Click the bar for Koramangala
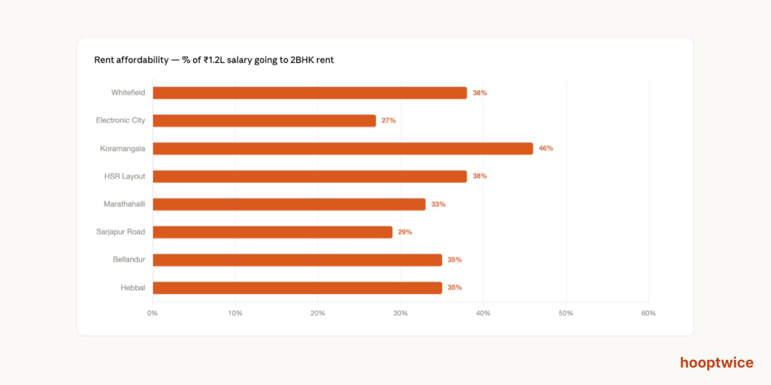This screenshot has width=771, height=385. [x=343, y=148]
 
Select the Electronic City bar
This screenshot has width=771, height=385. [x=264, y=121]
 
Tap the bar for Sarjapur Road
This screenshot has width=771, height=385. [x=272, y=232]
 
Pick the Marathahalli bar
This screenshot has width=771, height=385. [x=289, y=204]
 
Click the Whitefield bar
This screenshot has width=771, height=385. [x=310, y=93]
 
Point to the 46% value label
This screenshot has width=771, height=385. [x=546, y=148]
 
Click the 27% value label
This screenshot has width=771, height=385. [x=388, y=121]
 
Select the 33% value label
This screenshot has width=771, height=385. [x=438, y=204]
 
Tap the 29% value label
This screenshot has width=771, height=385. [x=405, y=232]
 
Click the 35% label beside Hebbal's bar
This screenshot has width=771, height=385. [x=454, y=287]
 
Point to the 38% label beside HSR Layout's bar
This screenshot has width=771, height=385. [x=480, y=176]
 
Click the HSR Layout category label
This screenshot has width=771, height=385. [x=125, y=176]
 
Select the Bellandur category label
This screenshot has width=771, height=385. [x=129, y=260]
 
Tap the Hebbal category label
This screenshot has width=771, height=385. [x=133, y=287]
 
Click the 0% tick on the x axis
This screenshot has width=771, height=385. [x=152, y=313]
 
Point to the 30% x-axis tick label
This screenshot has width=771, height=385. [x=400, y=313]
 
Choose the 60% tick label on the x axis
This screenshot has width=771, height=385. [x=648, y=313]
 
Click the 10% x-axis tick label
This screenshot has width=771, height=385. [x=235, y=313]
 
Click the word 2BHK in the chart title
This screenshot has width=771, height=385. [x=302, y=60]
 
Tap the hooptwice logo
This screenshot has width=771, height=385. [x=717, y=363]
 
